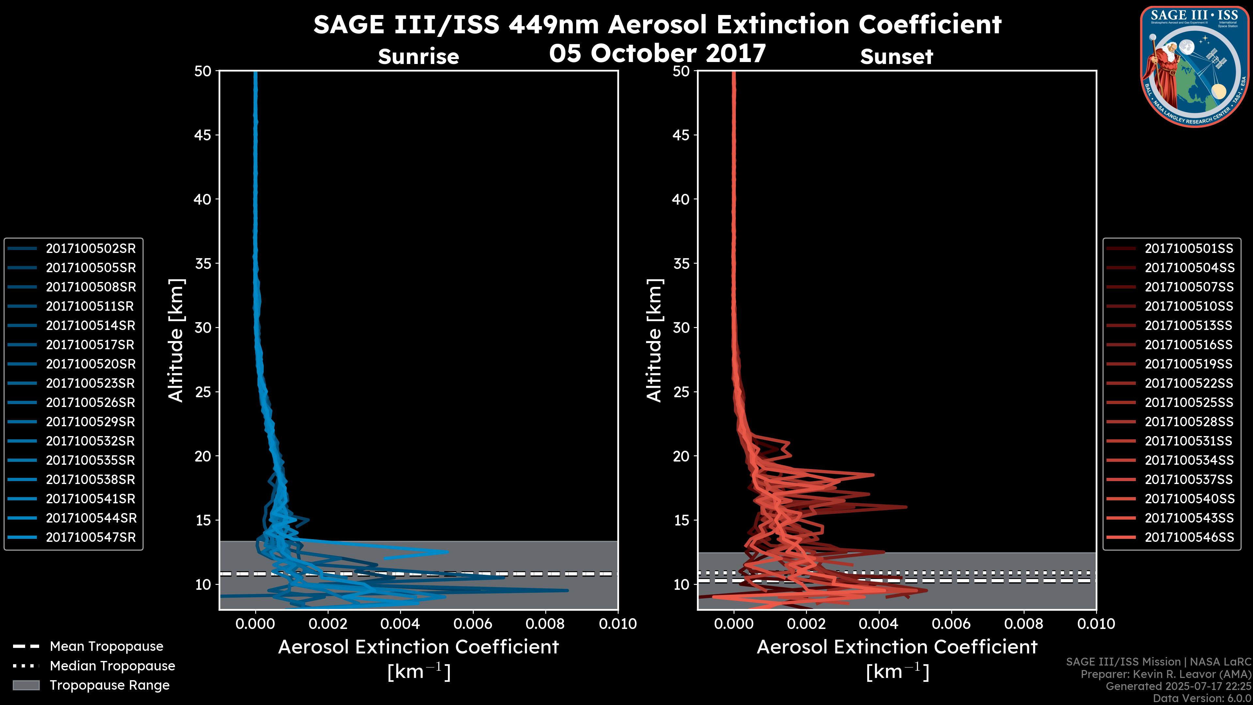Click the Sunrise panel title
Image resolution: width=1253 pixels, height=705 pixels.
point(418,57)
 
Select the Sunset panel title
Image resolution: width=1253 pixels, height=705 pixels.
point(896,57)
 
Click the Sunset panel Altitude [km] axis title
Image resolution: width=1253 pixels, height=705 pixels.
point(654,340)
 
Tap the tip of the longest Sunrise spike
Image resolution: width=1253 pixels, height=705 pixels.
point(567,590)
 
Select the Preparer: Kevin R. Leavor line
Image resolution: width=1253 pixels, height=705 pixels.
point(1166,674)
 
